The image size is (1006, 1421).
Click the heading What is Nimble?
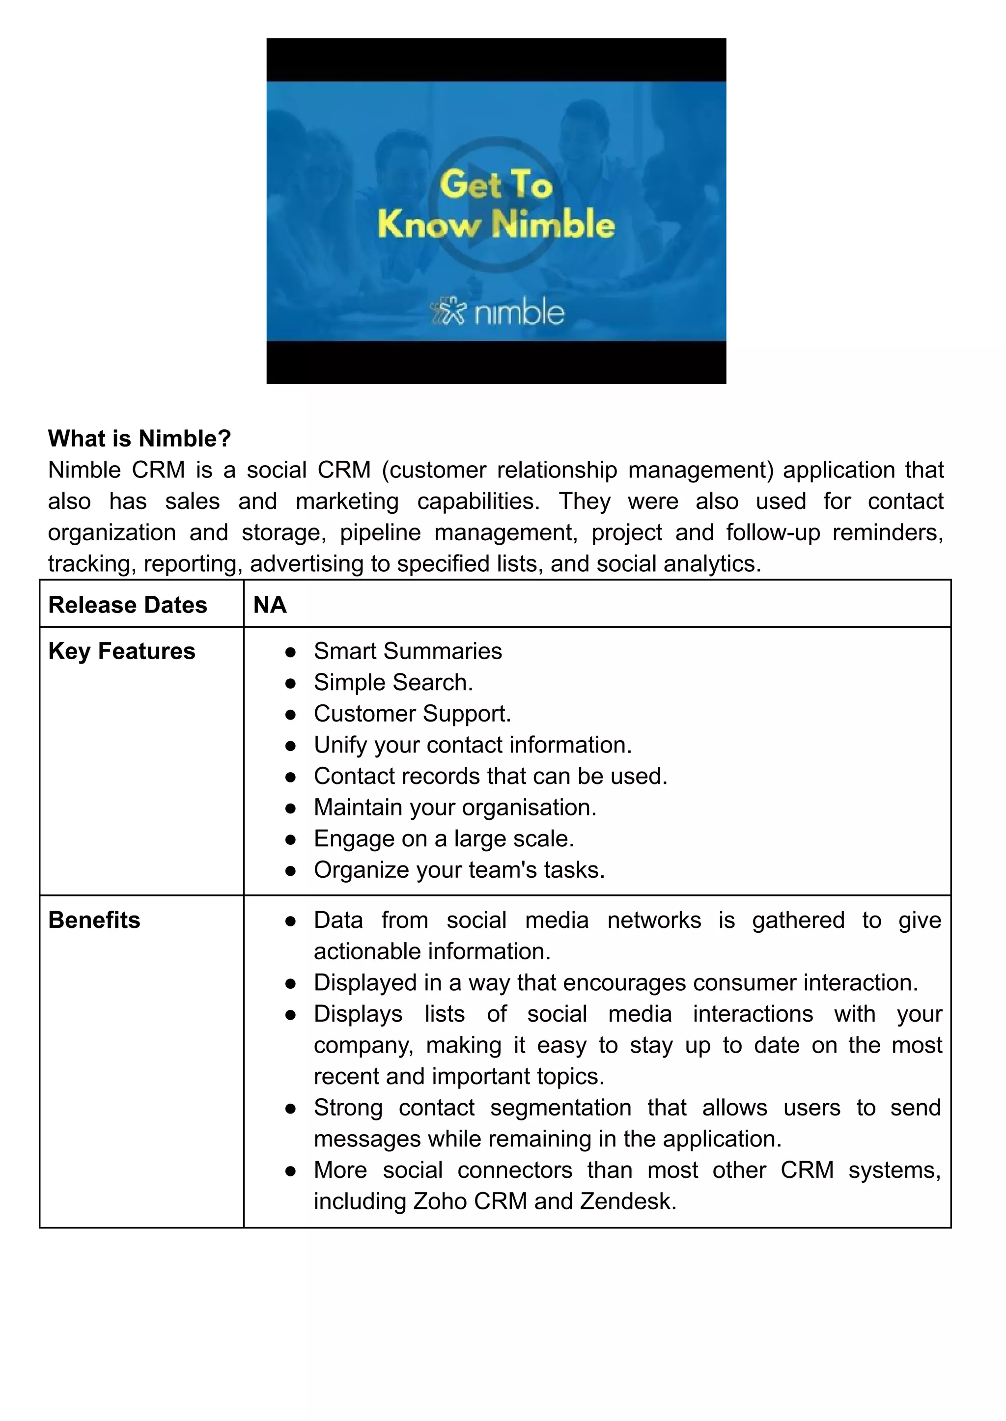[x=140, y=439]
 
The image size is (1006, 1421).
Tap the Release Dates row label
[x=128, y=605]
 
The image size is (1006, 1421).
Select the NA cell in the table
[x=270, y=605]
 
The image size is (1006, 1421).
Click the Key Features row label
[x=121, y=651]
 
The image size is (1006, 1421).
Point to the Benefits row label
[x=94, y=920]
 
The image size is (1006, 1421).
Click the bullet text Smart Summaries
[x=408, y=651]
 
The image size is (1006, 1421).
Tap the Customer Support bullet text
[x=412, y=714]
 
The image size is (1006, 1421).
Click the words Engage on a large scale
[x=444, y=839]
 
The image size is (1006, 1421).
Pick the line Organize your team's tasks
[x=459, y=870]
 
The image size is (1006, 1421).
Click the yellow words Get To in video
[x=496, y=185]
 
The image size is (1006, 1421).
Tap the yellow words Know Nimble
[x=496, y=224]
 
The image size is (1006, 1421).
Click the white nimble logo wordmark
[x=519, y=313]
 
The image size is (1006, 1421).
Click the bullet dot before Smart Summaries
[x=290, y=652]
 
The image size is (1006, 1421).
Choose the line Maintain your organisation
[x=455, y=807]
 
